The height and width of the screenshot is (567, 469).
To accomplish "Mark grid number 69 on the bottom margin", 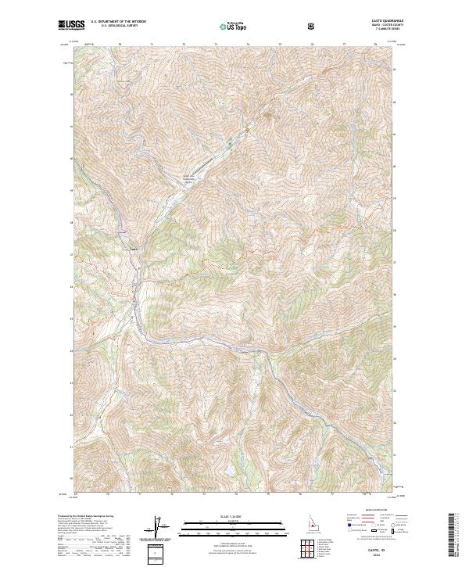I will [x=77, y=494].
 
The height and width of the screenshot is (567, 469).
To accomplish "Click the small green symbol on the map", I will [x=230, y=145].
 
